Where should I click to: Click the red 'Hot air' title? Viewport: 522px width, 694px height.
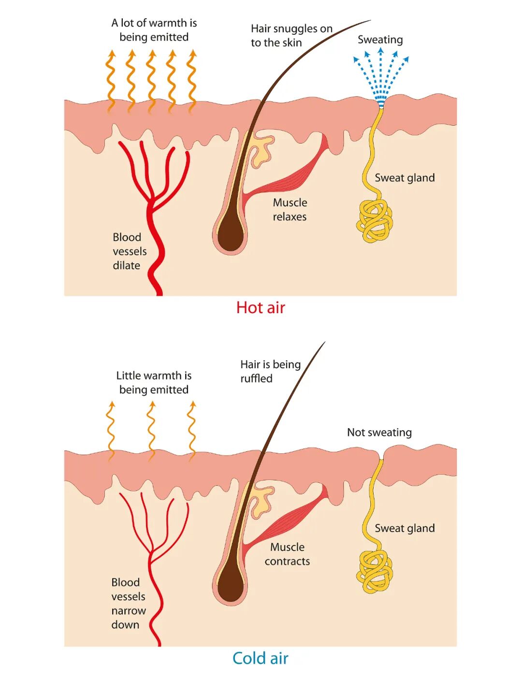[x=261, y=308]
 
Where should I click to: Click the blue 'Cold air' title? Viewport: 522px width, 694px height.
[x=260, y=658]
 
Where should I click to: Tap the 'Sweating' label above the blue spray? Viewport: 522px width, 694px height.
[x=380, y=40]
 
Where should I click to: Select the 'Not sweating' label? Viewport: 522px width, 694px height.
[x=379, y=433]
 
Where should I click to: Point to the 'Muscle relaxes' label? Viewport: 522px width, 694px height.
[x=290, y=210]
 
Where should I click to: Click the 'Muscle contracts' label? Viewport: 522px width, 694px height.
[x=287, y=554]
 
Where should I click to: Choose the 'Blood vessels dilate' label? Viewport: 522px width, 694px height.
[x=129, y=251]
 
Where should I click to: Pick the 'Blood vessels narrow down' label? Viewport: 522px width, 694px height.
[x=128, y=604]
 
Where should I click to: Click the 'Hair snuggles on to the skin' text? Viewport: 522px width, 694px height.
[x=291, y=36]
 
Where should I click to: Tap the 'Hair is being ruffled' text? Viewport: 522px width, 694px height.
[x=270, y=371]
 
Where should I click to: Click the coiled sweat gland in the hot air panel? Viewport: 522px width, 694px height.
[x=375, y=221]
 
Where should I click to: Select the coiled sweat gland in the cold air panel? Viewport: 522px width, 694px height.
[x=375, y=572]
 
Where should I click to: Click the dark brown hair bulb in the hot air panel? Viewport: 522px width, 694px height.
[x=231, y=235]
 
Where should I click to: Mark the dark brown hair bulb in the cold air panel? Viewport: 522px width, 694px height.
[x=231, y=586]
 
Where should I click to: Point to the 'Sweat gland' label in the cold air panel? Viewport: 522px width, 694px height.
[x=405, y=528]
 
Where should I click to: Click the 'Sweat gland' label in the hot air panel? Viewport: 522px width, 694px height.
[x=405, y=178]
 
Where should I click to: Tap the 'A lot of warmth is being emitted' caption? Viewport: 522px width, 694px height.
[x=154, y=30]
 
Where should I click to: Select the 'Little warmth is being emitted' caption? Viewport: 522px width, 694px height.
[x=154, y=383]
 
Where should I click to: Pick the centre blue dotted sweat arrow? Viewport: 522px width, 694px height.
[x=381, y=72]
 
